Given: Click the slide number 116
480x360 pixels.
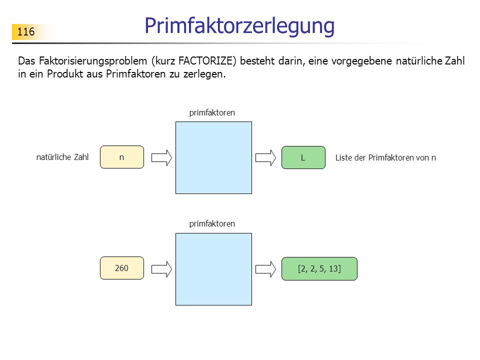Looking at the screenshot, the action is tap(26, 32).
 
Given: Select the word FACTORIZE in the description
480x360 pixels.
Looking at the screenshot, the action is tap(207, 61).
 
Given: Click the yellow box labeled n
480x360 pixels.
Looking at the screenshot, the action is tap(122, 157).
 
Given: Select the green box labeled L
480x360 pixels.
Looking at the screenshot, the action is tap(303, 157).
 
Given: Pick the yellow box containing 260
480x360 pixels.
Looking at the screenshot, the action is tap(122, 268).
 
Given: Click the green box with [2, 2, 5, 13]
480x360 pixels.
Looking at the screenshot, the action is tap(319, 269).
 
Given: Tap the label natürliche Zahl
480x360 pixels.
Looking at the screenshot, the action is tap(62, 157).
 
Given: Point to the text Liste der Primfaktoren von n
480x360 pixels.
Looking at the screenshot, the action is tap(385, 157).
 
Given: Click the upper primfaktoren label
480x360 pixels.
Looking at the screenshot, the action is tap(212, 113).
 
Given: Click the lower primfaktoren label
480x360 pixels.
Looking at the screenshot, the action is tap(212, 224).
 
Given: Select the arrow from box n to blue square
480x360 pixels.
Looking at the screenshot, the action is tap(161, 158).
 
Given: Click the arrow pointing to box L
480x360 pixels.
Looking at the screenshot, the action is tap(265, 158).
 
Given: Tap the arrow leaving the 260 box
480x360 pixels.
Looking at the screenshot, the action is tap(161, 269).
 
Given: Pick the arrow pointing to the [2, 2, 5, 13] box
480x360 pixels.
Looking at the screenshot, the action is tap(265, 269).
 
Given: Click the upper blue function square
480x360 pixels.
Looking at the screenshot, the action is tap(213, 157).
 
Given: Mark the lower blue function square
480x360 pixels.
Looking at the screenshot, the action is tap(213, 269).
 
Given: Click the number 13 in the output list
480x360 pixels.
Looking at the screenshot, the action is tap(333, 269).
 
